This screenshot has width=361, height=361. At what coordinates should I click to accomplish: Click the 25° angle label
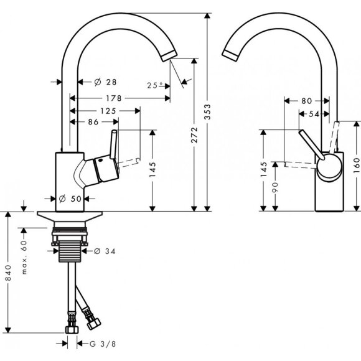coord(156,85)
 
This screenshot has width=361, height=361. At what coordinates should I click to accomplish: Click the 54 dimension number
coord(314,113)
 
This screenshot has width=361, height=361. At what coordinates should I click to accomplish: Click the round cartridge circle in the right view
coord(328,167)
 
